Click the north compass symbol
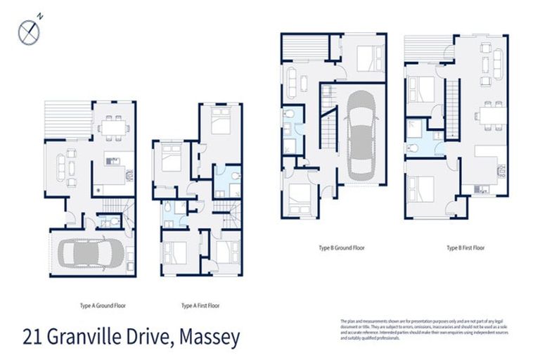point(28,30)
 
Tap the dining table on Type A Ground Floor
point(112,127)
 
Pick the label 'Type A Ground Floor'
point(103,306)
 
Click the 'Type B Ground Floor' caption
point(340,247)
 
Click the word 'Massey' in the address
point(210,337)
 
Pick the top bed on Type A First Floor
point(220,124)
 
